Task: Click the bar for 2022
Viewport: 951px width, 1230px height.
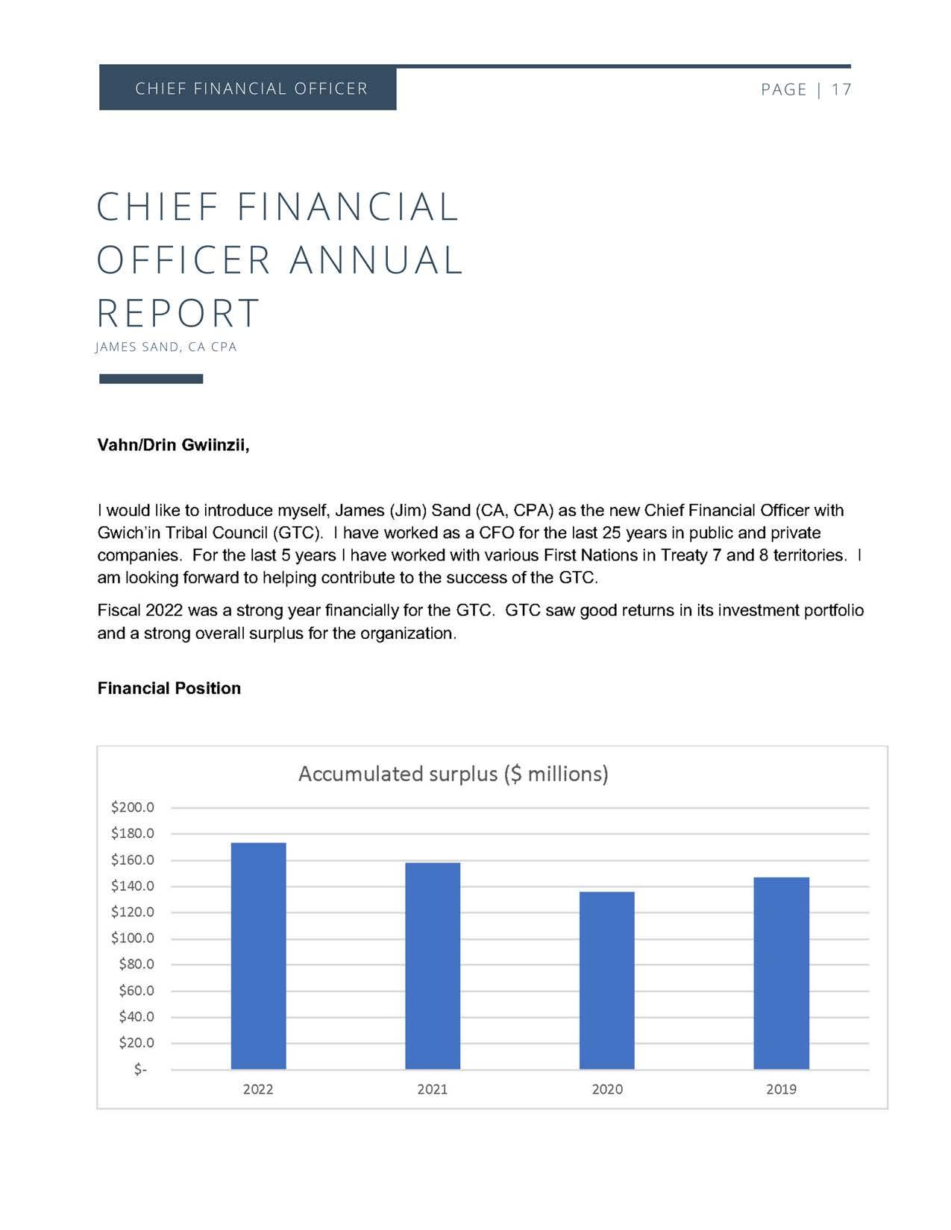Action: pyautogui.click(x=258, y=956)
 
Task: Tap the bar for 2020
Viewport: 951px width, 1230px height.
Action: pyautogui.click(x=606, y=980)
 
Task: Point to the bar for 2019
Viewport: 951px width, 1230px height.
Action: pyautogui.click(x=781, y=973)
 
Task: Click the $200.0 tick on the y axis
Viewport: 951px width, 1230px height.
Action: pyautogui.click(x=133, y=807)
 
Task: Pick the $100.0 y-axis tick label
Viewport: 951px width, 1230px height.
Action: pyautogui.click(x=133, y=938)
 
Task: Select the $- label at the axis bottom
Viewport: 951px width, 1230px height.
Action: pyautogui.click(x=140, y=1070)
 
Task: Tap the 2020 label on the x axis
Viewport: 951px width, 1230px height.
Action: pyautogui.click(x=607, y=1089)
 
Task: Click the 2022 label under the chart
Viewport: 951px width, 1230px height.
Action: pyautogui.click(x=258, y=1089)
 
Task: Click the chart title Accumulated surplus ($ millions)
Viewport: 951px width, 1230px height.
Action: pyautogui.click(x=453, y=774)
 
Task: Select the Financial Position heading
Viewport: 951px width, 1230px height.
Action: pyautogui.click(x=169, y=688)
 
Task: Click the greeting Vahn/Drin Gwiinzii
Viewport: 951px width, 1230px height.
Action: pyautogui.click(x=173, y=445)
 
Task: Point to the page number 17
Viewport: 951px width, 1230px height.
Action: pyautogui.click(x=841, y=89)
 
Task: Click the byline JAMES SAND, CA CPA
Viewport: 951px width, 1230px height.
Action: pyautogui.click(x=166, y=347)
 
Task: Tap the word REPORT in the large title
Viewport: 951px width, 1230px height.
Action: pyautogui.click(x=178, y=312)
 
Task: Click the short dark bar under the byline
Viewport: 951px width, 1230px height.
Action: pyautogui.click(x=151, y=379)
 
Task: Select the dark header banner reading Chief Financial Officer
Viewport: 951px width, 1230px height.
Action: pyautogui.click(x=248, y=89)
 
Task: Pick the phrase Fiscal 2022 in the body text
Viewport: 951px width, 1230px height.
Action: pyautogui.click(x=140, y=611)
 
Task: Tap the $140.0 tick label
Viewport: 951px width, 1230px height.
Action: pyautogui.click(x=133, y=886)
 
